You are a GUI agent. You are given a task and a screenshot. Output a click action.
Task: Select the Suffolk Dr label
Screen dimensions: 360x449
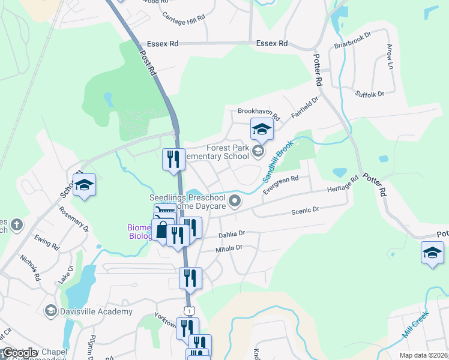coord(369,94)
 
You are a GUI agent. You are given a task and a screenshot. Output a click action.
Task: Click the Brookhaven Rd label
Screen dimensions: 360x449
coord(259,112)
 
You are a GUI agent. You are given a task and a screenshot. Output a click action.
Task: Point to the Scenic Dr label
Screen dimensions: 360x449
coord(305,211)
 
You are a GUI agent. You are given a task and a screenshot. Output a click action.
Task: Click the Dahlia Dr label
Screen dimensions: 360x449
coord(232,233)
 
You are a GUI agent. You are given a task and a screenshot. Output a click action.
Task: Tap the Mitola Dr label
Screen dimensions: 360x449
coord(229,247)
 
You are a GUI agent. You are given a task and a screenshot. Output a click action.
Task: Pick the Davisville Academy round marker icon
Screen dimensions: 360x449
coord(52,312)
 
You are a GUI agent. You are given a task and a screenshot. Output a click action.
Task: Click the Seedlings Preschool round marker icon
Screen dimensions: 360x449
coord(235,201)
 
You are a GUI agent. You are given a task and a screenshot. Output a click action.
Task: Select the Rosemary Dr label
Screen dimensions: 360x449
coord(74,220)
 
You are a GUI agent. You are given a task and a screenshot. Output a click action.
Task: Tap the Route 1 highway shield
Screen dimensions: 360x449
coord(190,310)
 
